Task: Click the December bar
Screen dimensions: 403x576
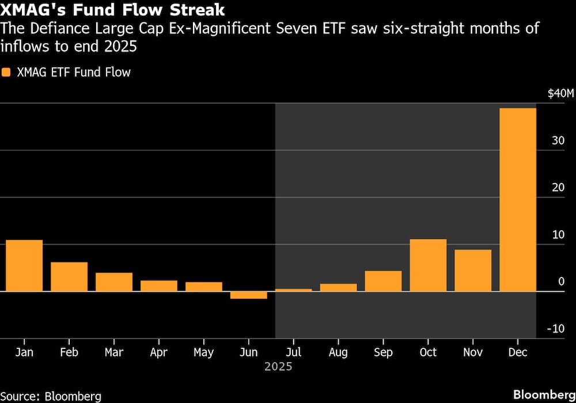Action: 517,199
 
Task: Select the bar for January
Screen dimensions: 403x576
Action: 24,265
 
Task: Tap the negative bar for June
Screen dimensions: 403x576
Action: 248,295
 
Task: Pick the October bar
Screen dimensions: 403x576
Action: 428,265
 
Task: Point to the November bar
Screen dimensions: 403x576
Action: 473,270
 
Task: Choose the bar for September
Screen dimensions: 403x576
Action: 383,281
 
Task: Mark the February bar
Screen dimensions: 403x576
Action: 69,276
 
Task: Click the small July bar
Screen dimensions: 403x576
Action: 293,290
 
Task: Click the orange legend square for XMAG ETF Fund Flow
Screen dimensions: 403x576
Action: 6,73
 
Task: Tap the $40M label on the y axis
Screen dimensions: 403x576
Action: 560,94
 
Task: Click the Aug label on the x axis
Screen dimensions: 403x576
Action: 338,352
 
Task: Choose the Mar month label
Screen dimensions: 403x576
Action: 113,352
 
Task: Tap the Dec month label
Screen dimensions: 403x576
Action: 518,352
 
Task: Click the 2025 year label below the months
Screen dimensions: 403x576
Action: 278,367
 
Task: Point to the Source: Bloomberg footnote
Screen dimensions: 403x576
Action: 51,396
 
